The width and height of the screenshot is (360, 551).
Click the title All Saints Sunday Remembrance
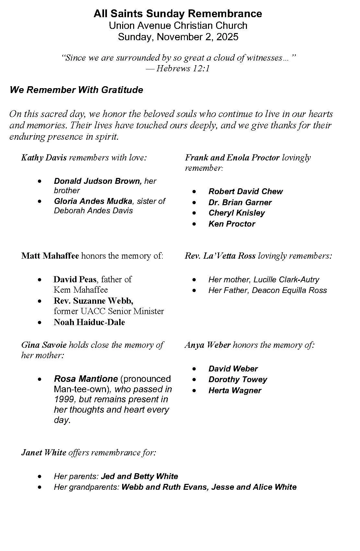(x=178, y=14)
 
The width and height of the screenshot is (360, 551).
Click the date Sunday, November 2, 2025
(x=178, y=37)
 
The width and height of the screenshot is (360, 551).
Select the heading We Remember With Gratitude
(x=76, y=90)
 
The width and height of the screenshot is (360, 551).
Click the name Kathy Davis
(x=44, y=158)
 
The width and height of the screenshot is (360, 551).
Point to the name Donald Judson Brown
(x=98, y=181)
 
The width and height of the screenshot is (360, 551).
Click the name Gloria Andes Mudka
(x=93, y=201)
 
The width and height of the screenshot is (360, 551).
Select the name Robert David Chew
(x=246, y=192)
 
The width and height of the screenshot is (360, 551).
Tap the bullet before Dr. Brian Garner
(x=194, y=203)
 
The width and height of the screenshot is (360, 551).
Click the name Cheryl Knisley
(x=237, y=213)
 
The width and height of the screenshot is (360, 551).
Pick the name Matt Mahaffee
(x=50, y=256)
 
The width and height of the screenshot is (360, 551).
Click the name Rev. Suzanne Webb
(x=93, y=301)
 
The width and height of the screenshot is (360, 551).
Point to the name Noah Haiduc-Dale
(x=89, y=322)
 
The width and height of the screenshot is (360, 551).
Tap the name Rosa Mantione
(x=86, y=379)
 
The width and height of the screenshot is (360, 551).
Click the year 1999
(x=64, y=400)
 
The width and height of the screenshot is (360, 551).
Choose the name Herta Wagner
(x=235, y=391)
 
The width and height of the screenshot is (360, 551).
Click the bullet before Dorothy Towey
(x=194, y=380)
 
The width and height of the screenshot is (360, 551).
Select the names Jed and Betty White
(x=139, y=476)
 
